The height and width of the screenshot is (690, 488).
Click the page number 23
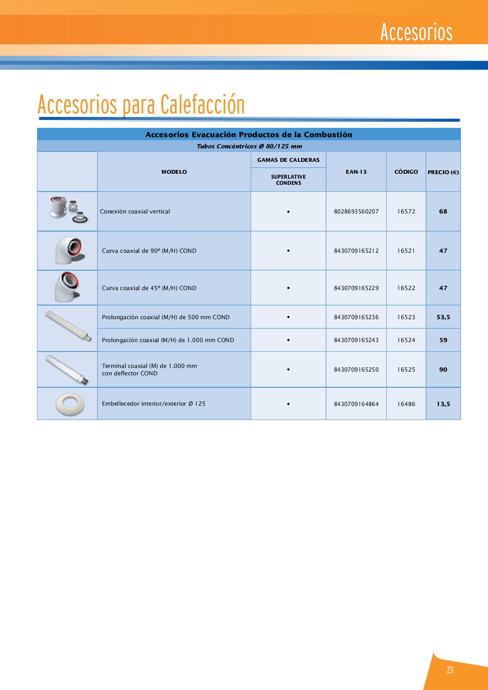pyautogui.click(x=450, y=670)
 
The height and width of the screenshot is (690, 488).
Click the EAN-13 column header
pyautogui.click(x=356, y=172)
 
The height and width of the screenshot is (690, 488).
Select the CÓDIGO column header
pyautogui.click(x=406, y=172)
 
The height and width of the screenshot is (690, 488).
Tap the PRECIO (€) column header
pyautogui.click(x=443, y=172)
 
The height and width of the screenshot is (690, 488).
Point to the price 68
pyautogui.click(x=443, y=211)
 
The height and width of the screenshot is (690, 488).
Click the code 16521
pyautogui.click(x=406, y=251)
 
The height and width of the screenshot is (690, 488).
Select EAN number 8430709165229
pyautogui.click(x=356, y=288)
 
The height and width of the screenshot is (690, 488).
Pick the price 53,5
pyautogui.click(x=443, y=317)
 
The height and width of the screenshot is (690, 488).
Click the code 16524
pyautogui.click(x=406, y=340)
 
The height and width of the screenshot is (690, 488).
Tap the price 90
pyautogui.click(x=443, y=370)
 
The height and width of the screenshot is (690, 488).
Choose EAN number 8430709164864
pyautogui.click(x=356, y=404)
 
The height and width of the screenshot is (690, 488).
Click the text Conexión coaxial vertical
pyautogui.click(x=135, y=211)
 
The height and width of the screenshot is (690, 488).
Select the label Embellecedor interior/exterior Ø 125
pyautogui.click(x=154, y=404)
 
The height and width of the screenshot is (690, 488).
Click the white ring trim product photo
pyautogui.click(x=70, y=404)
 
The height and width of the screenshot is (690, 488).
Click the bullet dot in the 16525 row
pyautogui.click(x=288, y=370)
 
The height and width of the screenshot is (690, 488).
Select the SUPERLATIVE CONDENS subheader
pyautogui.click(x=288, y=180)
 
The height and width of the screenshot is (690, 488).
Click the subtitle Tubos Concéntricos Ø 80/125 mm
pyautogui.click(x=249, y=146)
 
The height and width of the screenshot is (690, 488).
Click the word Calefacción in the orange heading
pyautogui.click(x=202, y=105)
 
